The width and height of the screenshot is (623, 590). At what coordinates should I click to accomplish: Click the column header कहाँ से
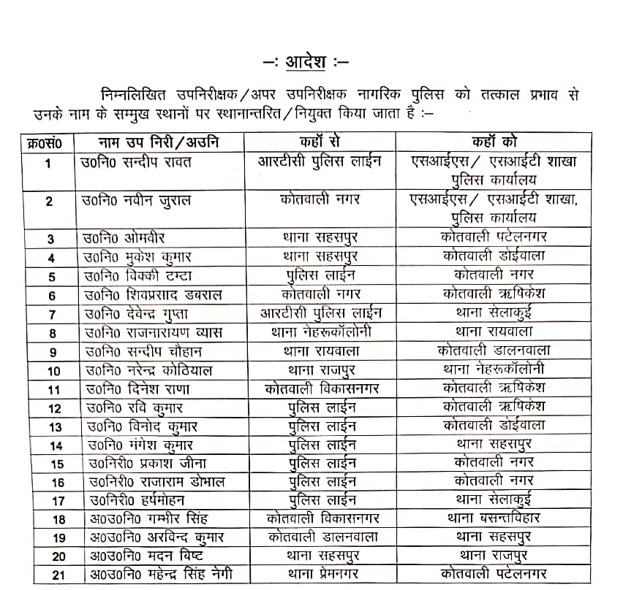coord(320,142)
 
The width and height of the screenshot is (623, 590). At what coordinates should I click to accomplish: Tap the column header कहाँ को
coord(494,142)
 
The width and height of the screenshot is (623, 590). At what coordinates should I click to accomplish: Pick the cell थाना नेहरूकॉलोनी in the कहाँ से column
coord(320,332)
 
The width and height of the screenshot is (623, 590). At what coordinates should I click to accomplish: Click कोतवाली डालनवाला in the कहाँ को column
coord(494,350)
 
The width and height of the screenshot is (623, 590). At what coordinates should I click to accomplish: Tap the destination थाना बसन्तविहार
coord(494,518)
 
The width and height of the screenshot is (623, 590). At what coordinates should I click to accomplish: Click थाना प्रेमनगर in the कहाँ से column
coord(320,574)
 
